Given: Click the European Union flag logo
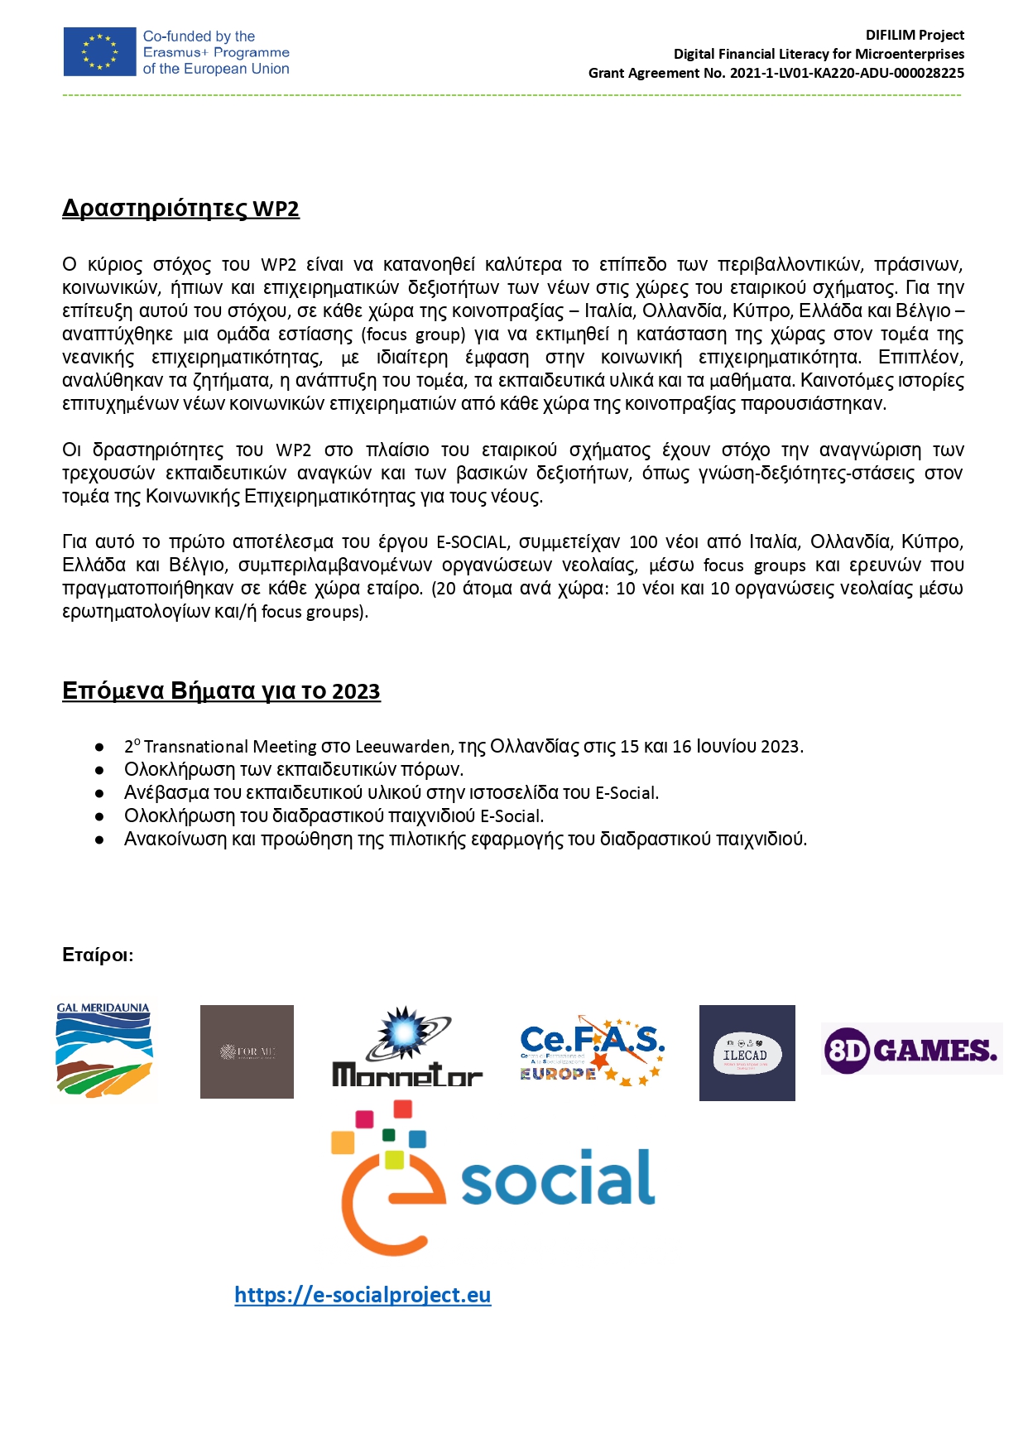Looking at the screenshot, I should [99, 51].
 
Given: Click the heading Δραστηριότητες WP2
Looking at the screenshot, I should [180, 209].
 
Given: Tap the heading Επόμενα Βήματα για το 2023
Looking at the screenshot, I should [221, 691].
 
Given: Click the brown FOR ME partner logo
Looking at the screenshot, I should [247, 1051].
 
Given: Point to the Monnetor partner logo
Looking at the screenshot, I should [406, 1048].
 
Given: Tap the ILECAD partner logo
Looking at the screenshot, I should [747, 1053].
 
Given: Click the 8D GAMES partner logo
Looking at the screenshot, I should [911, 1049].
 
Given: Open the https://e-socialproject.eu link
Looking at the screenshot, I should [363, 1295].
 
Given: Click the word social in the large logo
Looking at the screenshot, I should [558, 1179].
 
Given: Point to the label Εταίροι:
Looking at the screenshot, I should [98, 955].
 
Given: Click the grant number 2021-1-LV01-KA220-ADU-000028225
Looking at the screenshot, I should [847, 73].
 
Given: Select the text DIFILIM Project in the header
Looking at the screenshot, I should [915, 35].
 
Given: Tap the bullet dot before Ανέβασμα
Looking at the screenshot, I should [99, 793].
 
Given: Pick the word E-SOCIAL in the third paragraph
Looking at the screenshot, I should [471, 542].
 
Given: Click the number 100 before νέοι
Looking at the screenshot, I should [643, 542].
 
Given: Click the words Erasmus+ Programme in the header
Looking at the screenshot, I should [216, 52].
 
